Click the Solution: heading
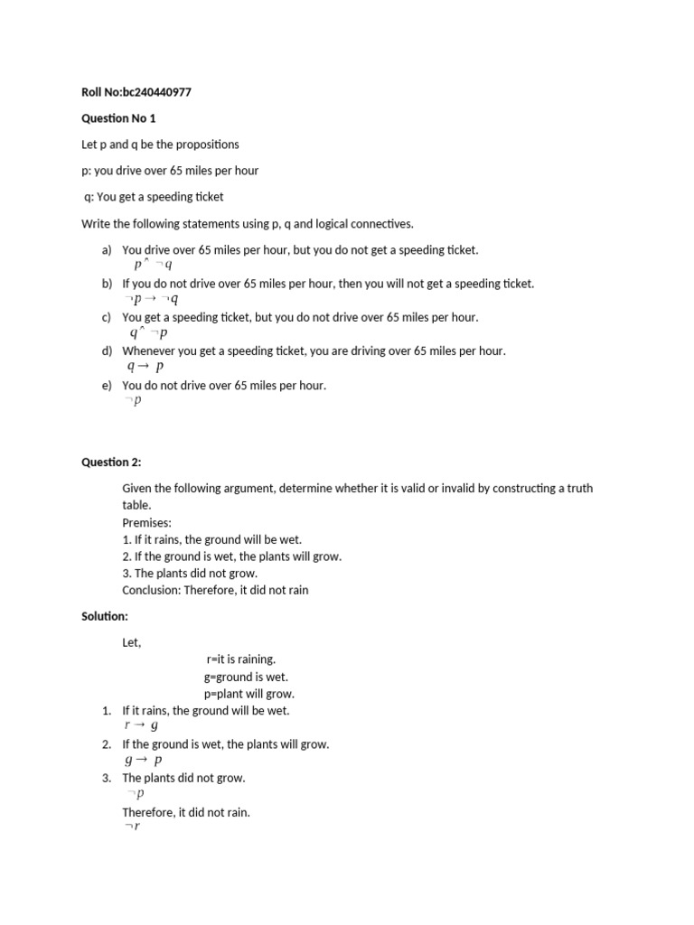(x=105, y=616)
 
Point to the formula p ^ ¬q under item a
(x=152, y=265)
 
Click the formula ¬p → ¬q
(x=151, y=299)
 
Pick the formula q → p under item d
(x=145, y=367)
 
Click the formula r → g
(x=141, y=725)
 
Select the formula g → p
(x=143, y=760)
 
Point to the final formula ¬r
(x=132, y=827)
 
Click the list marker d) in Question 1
(x=108, y=350)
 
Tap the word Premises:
(x=146, y=522)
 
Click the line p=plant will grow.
(x=249, y=694)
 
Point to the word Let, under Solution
(x=132, y=642)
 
